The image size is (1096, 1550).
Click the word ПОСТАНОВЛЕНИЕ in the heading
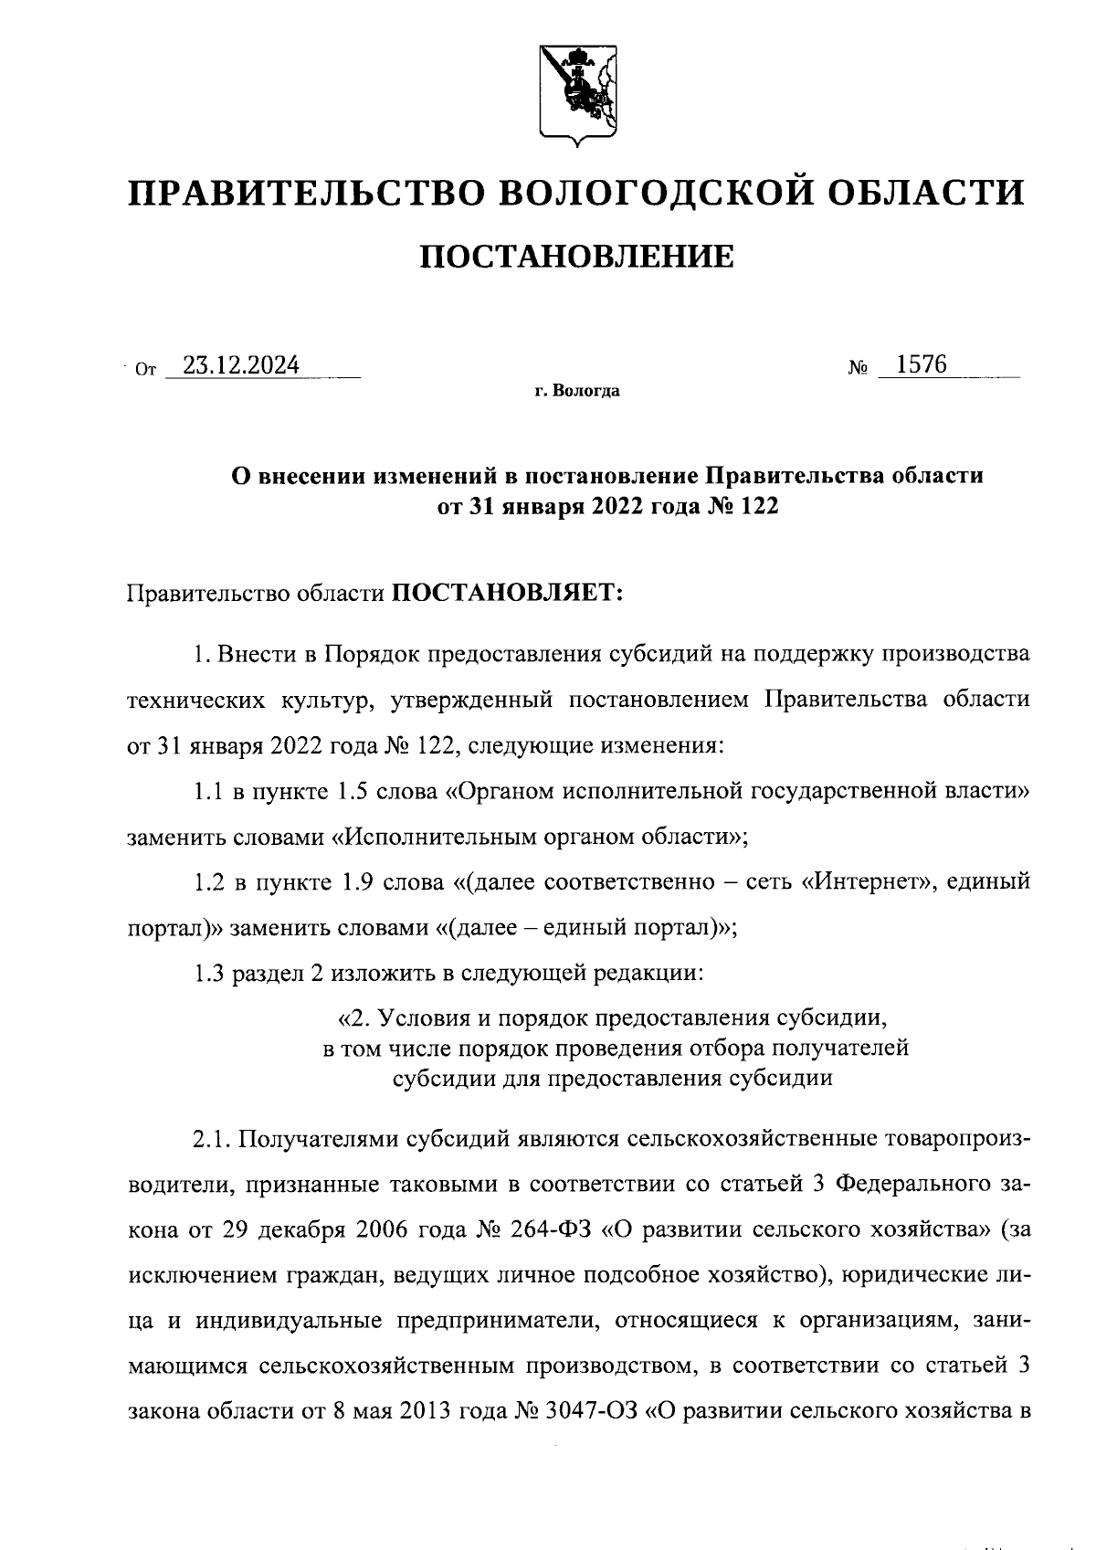coord(576,258)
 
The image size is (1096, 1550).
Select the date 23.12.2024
coord(241,366)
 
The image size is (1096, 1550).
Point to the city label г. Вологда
coord(577,392)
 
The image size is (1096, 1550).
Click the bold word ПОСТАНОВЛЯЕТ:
coord(507,594)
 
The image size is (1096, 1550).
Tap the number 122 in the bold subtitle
coord(755,506)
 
